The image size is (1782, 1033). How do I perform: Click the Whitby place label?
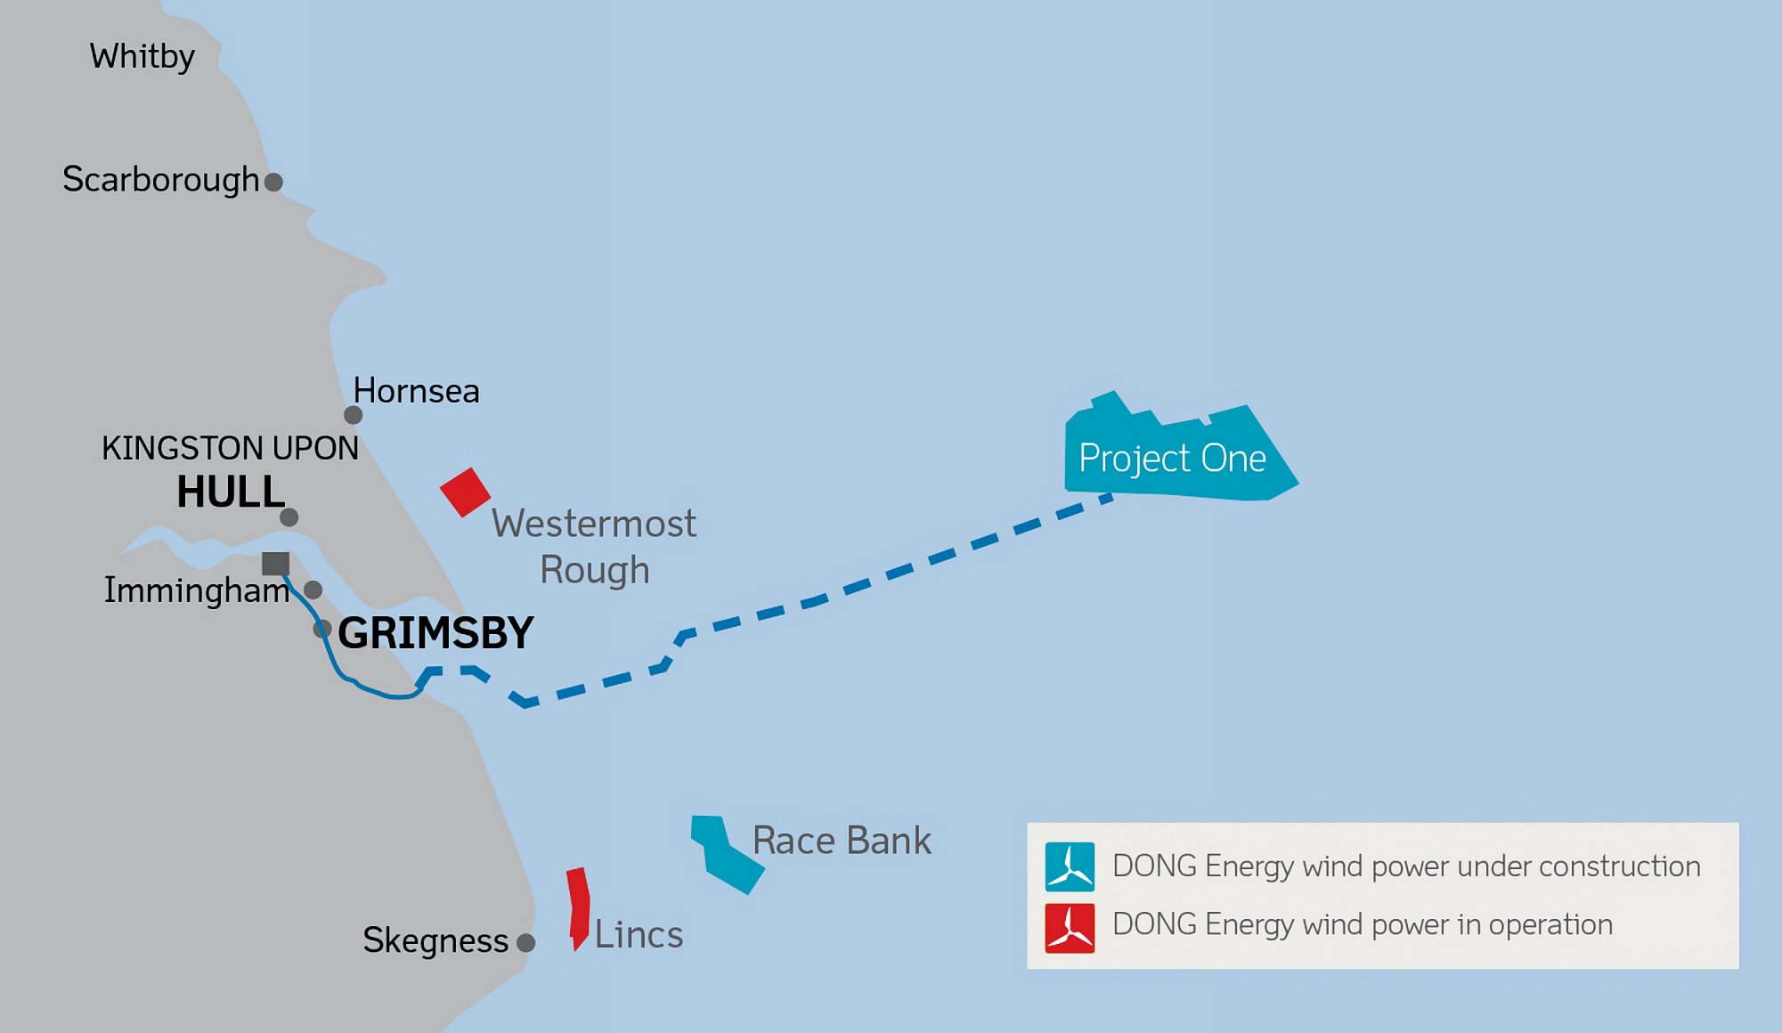pos(142,57)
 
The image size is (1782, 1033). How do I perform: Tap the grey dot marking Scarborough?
pos(274,183)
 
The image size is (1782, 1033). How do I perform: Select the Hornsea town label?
pos(416,391)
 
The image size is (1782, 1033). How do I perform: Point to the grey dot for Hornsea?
pos(353,415)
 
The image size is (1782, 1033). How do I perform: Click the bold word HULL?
pos(231,492)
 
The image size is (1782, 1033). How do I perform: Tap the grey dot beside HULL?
pos(289,517)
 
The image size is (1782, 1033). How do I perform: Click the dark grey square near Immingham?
pos(275,564)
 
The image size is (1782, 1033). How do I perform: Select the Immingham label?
pos(196,590)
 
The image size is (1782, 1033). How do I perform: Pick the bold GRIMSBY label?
pos(435,633)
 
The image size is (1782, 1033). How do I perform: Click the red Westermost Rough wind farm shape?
pos(465,492)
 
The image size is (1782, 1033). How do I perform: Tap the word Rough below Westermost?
pos(594,571)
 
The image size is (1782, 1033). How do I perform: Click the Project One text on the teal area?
pos(1172,459)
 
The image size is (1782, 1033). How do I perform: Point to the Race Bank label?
pos(842,841)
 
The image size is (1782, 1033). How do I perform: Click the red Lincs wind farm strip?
pos(579,907)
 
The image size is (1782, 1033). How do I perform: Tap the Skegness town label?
pos(435,940)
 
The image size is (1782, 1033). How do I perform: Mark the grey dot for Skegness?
pos(526,943)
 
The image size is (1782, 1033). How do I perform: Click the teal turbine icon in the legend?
pos(1070,866)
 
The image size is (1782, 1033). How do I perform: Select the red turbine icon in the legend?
pos(1070,928)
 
